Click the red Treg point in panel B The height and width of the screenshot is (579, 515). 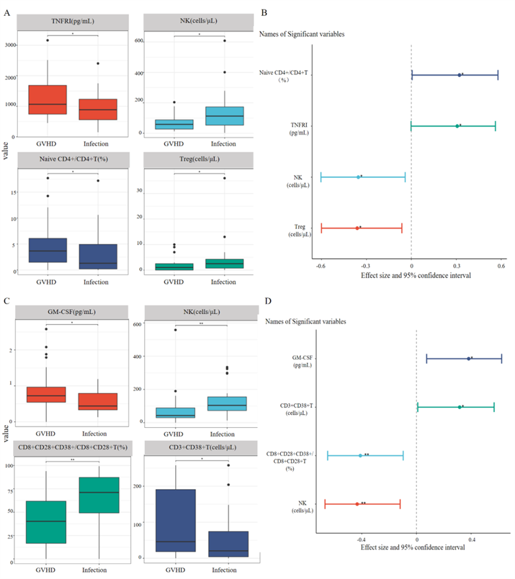pyautogui.click(x=357, y=228)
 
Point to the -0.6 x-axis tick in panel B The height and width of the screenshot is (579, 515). pyautogui.click(x=321, y=265)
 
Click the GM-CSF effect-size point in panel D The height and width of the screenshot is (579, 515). pyautogui.click(x=468, y=359)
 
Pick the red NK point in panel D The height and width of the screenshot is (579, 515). pyautogui.click(x=357, y=504)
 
